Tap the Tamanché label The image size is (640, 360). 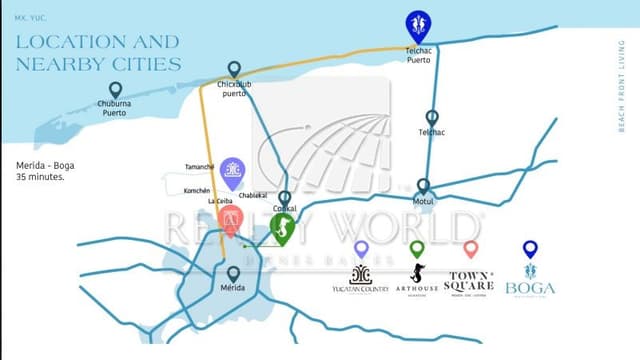pyautogui.click(x=199, y=167)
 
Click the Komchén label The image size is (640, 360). pyautogui.click(x=197, y=190)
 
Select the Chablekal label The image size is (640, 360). pyautogui.click(x=253, y=195)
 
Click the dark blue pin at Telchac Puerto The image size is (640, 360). pyautogui.click(x=417, y=24)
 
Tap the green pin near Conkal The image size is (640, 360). pyautogui.click(x=283, y=230)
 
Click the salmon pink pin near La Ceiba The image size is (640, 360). pyautogui.click(x=230, y=220)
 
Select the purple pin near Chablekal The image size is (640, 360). pyautogui.click(x=232, y=172)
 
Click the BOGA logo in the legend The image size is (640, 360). pyautogui.click(x=530, y=281)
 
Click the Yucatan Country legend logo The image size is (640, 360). pyautogui.click(x=361, y=280)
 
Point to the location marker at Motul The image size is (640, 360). pyautogui.click(x=423, y=186)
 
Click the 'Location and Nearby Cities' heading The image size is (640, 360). pyautogui.click(x=97, y=53)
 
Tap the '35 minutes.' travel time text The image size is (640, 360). pyautogui.click(x=41, y=177)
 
